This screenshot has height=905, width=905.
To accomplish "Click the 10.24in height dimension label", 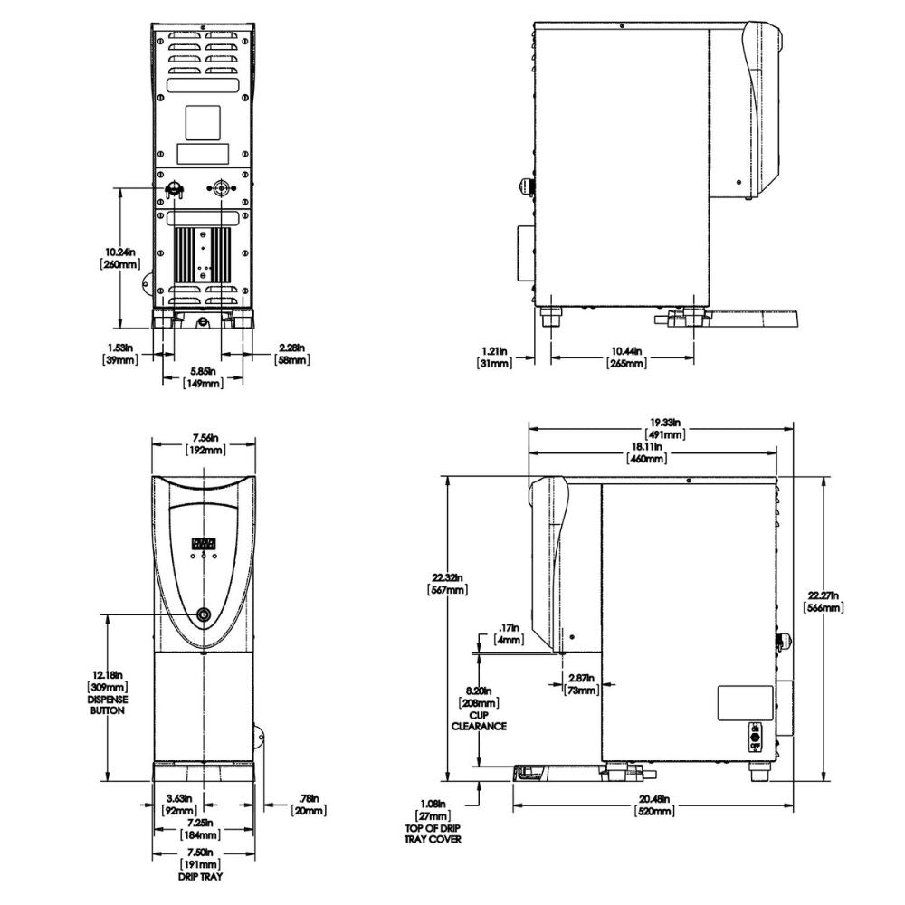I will (120, 257).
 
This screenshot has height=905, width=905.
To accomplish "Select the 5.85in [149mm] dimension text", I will (203, 376).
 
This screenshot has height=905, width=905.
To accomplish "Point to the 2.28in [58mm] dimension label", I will (291, 353).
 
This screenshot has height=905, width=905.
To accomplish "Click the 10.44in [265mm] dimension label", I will (624, 357).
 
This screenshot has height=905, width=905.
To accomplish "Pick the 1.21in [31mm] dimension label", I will (494, 357).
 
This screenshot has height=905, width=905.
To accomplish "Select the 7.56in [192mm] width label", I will (203, 443).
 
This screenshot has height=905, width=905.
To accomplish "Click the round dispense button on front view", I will (204, 615).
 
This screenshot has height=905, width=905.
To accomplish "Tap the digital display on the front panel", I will (204, 544).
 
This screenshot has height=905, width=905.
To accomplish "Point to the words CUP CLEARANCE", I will (480, 720).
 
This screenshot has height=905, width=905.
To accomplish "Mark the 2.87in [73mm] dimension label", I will (579, 683).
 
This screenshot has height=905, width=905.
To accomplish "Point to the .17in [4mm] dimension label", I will (510, 633).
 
